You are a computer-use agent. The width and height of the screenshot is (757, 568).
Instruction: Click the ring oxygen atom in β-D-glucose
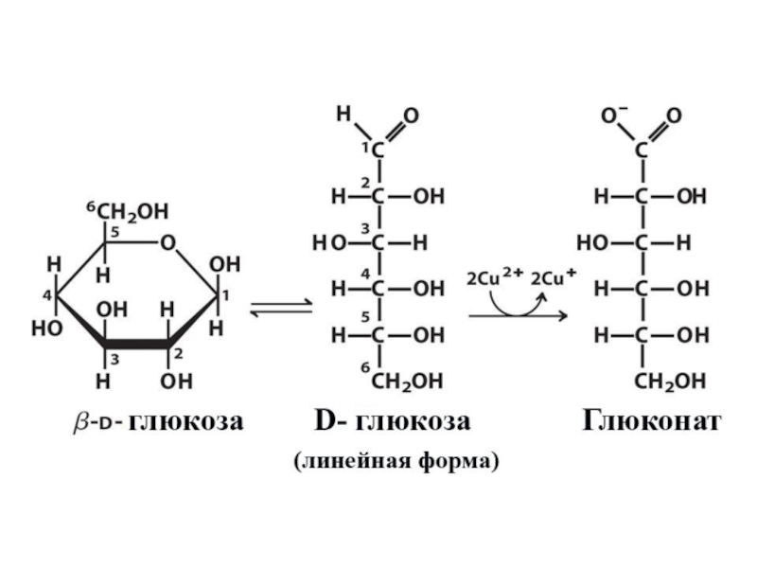pyautogui.click(x=167, y=243)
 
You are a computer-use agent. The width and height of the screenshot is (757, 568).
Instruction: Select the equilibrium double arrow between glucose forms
pyautogui.click(x=280, y=310)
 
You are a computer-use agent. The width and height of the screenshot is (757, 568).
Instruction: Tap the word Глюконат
pyautogui.click(x=651, y=420)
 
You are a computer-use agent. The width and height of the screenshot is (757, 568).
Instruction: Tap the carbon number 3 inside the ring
pyautogui.click(x=114, y=358)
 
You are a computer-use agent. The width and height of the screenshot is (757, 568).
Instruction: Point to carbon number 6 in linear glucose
pyautogui.click(x=363, y=366)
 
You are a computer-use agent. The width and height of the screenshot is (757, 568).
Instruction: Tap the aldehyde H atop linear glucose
pyautogui.click(x=343, y=115)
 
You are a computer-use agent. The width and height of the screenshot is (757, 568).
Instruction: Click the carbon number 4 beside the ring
pyautogui.click(x=45, y=296)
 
